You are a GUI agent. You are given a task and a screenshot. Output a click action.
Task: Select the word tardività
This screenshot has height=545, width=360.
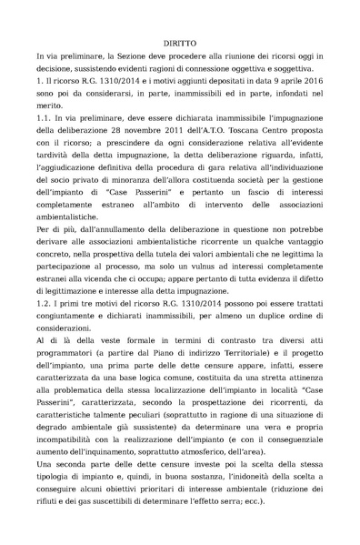[x=55, y=157]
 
